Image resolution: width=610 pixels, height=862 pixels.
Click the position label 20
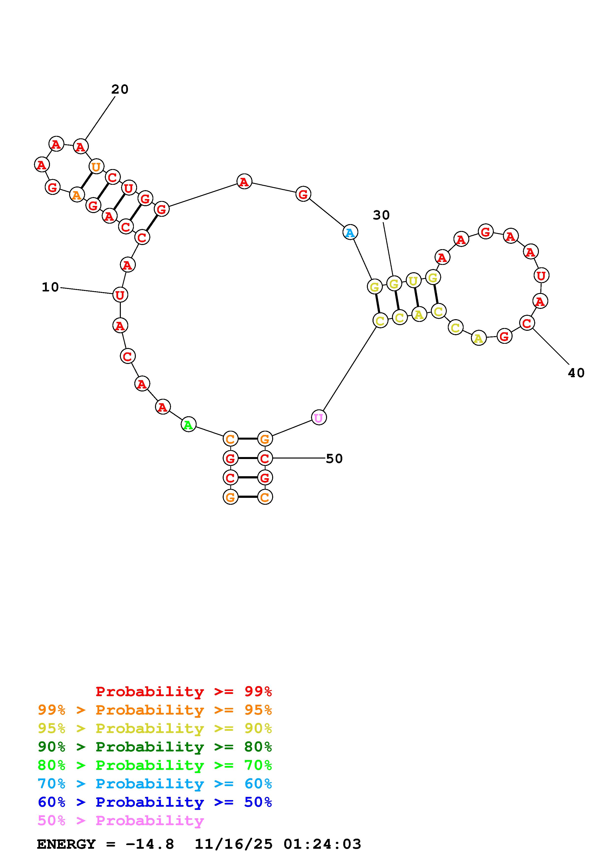click(120, 89)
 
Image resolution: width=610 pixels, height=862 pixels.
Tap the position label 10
click(50, 287)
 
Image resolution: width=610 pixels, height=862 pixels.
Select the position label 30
click(381, 215)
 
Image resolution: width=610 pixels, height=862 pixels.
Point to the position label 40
click(576, 373)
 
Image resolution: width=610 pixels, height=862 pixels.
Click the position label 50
click(334, 459)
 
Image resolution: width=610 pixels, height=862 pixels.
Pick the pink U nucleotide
click(319, 417)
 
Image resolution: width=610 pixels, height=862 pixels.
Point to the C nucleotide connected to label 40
click(527, 323)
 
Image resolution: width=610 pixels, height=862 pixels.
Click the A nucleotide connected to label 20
click(80, 146)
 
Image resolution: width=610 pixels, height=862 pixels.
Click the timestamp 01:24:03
click(323, 844)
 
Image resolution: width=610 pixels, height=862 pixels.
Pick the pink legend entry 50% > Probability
click(121, 821)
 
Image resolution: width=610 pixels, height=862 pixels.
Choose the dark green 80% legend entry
click(155, 747)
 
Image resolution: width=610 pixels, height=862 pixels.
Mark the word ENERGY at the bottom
click(66, 844)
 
